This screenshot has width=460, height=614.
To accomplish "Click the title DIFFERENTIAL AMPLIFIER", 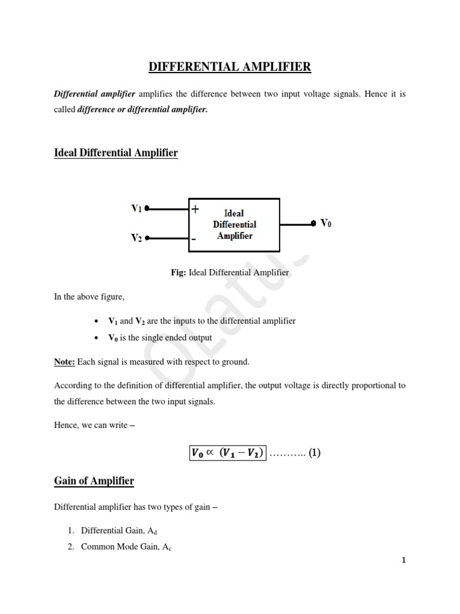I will [230, 67].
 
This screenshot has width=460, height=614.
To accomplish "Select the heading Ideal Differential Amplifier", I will [116, 153].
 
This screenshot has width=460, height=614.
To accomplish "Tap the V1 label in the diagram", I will [137, 209].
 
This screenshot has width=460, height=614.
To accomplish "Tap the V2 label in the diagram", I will [137, 237].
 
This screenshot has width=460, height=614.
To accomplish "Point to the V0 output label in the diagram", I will [326, 223].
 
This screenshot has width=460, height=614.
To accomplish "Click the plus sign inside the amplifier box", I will [195, 209].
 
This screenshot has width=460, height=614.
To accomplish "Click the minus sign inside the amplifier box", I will [193, 238].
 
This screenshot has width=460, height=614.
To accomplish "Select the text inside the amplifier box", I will [234, 224].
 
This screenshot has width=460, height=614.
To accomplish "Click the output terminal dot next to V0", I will [313, 224].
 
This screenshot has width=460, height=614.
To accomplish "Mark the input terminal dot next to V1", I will [146, 209].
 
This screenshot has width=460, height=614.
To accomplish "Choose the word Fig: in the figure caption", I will [179, 273].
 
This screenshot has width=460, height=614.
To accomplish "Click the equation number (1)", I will [315, 453].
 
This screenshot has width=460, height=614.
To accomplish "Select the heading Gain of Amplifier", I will [94, 481].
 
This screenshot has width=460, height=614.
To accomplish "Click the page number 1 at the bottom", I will [404, 561].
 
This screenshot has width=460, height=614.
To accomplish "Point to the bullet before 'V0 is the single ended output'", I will [96, 338].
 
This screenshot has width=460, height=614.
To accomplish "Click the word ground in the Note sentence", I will [235, 362].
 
